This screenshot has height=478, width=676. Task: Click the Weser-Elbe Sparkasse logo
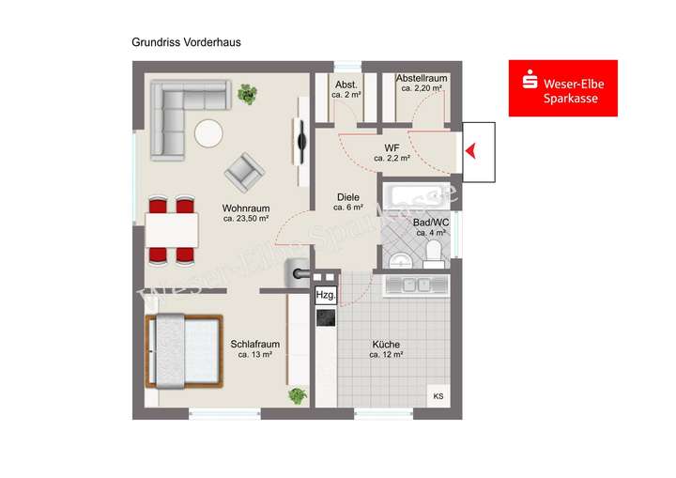pyautogui.click(x=562, y=88)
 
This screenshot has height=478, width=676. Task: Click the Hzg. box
pyautogui.click(x=325, y=294)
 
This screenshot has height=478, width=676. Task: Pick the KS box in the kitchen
pyautogui.click(x=438, y=396)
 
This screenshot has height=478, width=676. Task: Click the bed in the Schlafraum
pyautogui.click(x=185, y=350)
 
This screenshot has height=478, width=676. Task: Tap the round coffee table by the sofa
pyautogui.click(x=208, y=133)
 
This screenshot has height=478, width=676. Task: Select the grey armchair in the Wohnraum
pyautogui.click(x=244, y=170)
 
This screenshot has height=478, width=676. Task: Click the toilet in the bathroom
pyautogui.click(x=433, y=253)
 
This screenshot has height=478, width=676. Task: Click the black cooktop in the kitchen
pyautogui.click(x=325, y=317)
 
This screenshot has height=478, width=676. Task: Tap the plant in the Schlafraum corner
pyautogui.click(x=298, y=395)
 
